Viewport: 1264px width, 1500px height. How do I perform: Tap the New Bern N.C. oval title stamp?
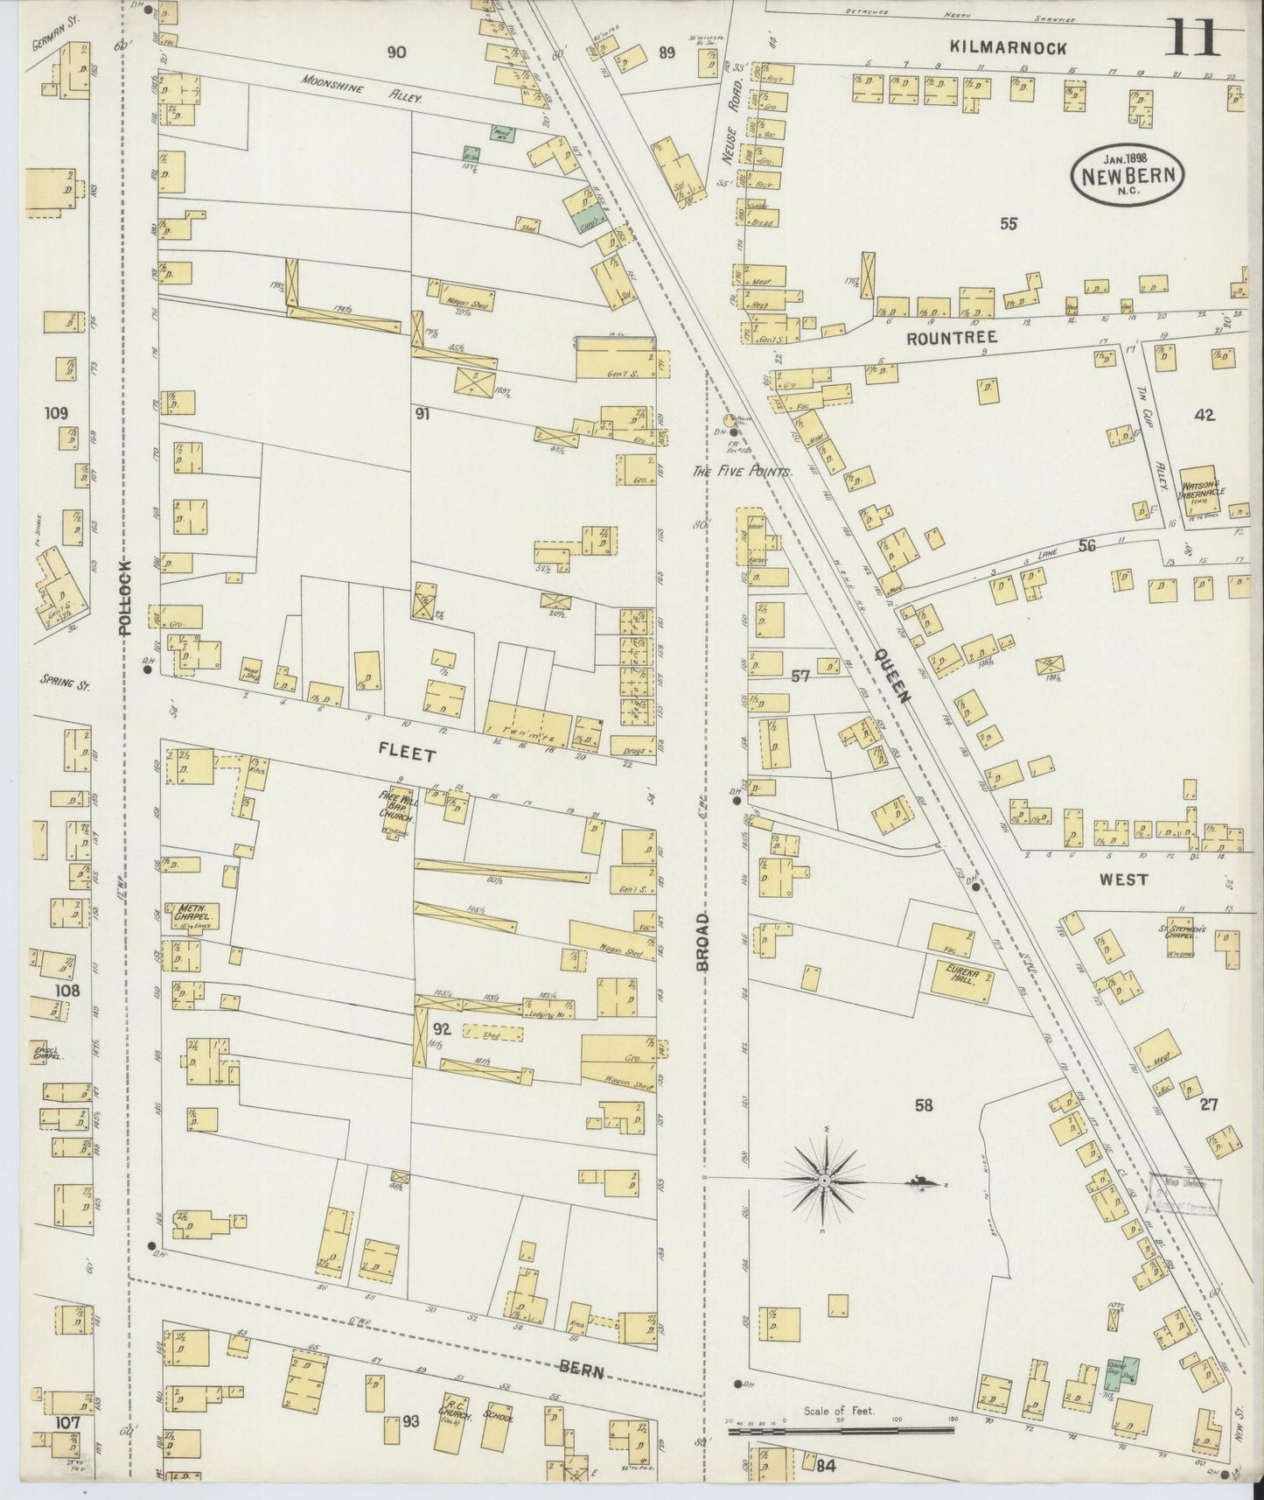click(1129, 173)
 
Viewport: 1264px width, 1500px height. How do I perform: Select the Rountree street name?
click(939, 338)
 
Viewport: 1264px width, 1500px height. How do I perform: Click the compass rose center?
click(824, 1181)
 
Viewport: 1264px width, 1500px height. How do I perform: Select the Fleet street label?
click(407, 753)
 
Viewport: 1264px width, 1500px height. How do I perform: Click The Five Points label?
click(743, 472)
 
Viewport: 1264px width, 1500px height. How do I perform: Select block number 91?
click(422, 414)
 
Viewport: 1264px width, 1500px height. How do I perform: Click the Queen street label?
click(890, 679)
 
